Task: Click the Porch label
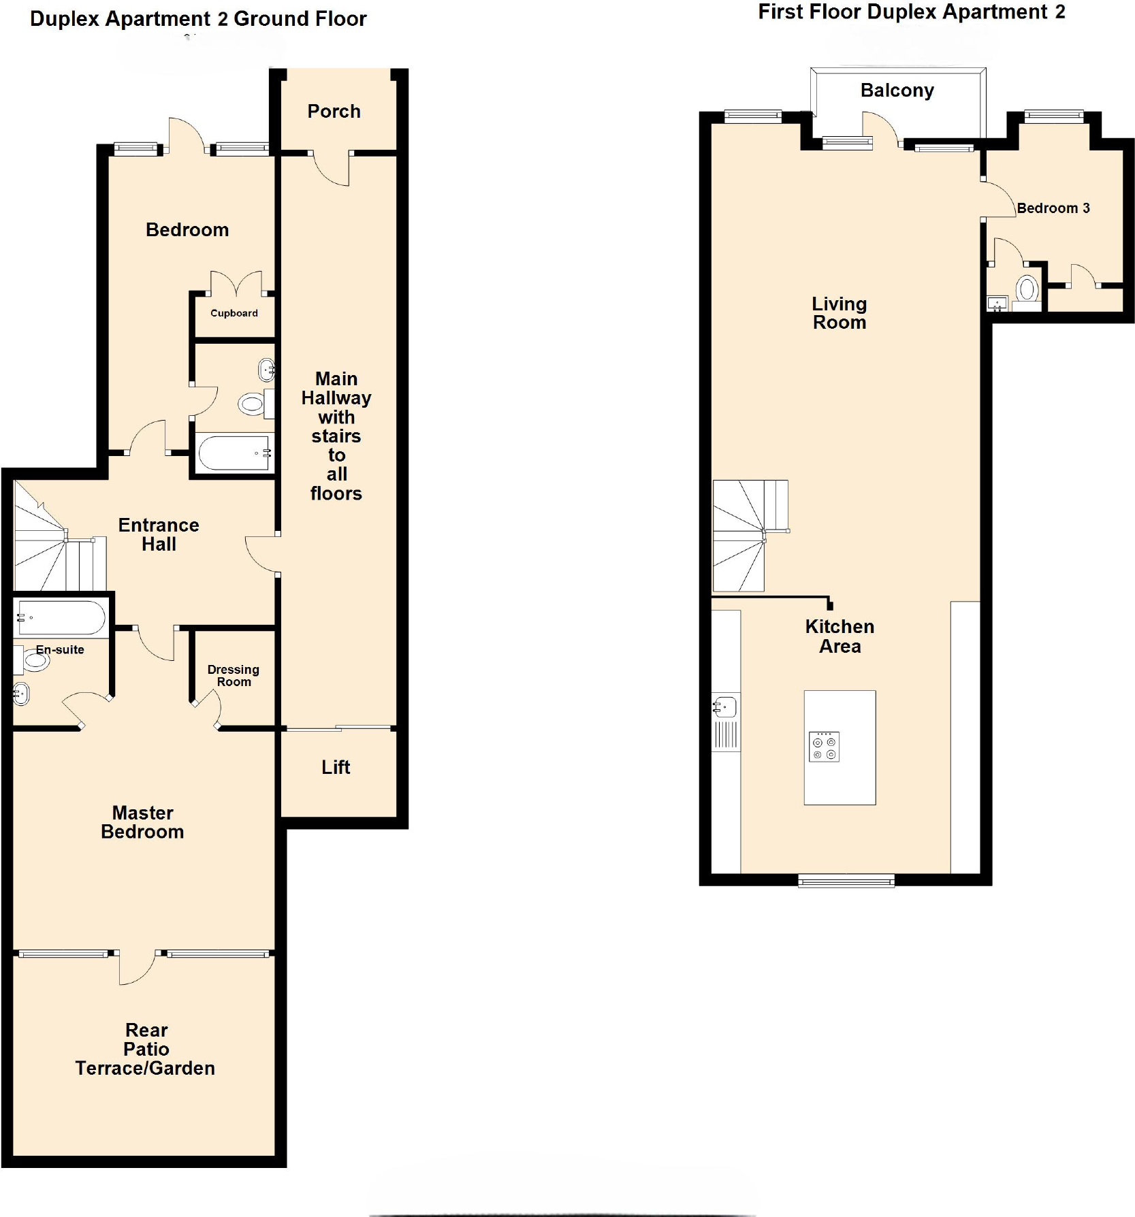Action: click(334, 111)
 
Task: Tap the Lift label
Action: click(336, 767)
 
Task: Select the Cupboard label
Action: click(234, 313)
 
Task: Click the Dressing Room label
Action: click(234, 675)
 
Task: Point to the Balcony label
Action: click(897, 91)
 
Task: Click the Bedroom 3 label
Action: click(1053, 208)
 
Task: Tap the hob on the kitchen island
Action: click(824, 747)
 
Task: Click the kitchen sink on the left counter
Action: click(726, 707)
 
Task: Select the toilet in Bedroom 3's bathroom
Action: click(1027, 290)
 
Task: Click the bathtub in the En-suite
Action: click(61, 617)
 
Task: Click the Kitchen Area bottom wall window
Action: click(846, 882)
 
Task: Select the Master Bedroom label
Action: click(142, 822)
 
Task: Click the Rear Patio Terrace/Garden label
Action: click(145, 1049)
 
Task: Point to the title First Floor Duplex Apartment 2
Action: click(911, 12)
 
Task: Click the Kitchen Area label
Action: click(840, 636)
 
